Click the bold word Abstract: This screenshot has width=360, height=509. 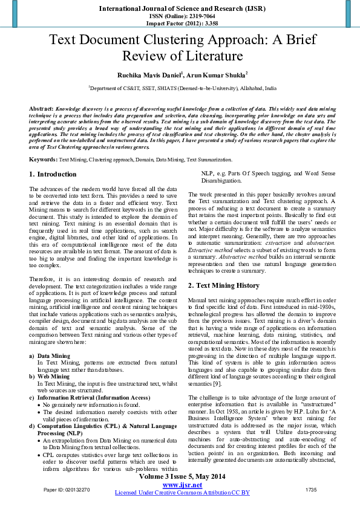(41, 106)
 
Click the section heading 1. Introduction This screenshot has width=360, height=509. (53, 174)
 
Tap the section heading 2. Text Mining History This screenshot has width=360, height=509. (223, 285)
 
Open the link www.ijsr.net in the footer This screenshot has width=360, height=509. (182, 485)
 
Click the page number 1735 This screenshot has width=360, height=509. (310, 488)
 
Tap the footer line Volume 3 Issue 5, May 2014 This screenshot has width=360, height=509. (182, 477)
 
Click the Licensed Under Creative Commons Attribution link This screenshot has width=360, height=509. (182, 493)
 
